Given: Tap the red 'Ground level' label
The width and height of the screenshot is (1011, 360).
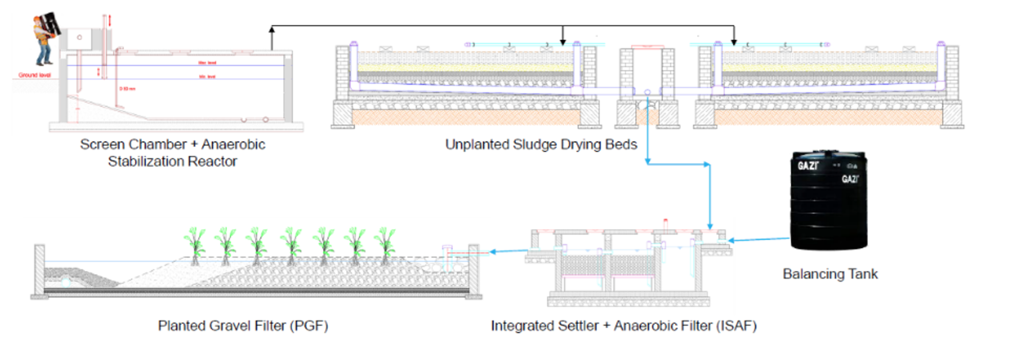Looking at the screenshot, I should pos(35,75).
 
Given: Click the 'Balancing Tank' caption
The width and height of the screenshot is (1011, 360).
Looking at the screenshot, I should pos(830,274).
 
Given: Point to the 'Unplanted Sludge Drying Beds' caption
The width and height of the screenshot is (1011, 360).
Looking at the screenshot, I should pos(541,145).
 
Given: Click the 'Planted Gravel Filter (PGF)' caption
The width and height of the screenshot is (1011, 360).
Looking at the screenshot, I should pos(242,326).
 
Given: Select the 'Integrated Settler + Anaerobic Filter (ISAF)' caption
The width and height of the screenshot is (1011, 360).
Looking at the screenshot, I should pos(623,326).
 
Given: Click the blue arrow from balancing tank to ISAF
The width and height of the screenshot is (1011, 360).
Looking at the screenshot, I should pos(758,240).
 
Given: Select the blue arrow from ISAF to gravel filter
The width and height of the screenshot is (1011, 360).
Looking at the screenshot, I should pos(508,251).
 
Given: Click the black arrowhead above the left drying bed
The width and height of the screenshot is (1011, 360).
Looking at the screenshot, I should pos(563,42).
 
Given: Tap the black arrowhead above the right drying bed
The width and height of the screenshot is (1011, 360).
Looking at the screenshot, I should pos(734,42).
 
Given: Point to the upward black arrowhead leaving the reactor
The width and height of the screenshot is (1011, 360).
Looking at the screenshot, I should pos(272,30).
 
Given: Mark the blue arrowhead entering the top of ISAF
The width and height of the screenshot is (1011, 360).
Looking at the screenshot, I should pos(710,226).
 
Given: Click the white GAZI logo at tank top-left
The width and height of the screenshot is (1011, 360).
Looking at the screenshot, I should pos(808,166).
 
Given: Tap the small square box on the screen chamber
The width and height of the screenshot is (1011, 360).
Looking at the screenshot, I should pos(79,38).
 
